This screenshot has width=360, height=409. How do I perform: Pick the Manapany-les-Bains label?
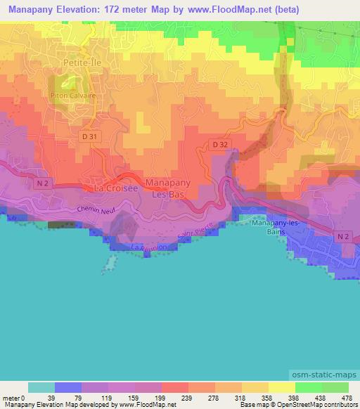coord(276,228)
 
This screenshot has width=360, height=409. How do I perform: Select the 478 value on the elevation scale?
coord(347,399)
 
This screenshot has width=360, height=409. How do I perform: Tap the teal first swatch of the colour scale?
coord(41,387)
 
